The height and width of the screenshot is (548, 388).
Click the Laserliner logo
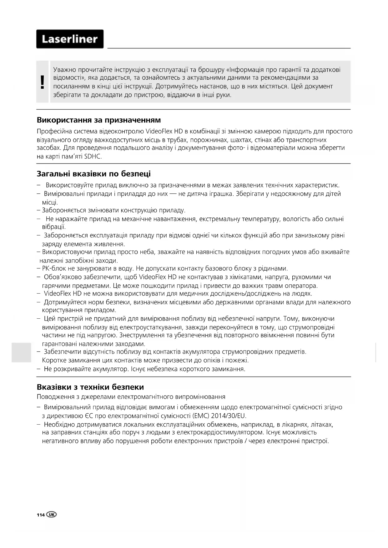[70, 39]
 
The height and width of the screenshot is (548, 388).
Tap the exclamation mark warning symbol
[43, 82]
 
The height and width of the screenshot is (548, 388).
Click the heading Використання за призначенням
[99, 120]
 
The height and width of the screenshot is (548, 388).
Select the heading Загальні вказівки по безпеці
[94, 174]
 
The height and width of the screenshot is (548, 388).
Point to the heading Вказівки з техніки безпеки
[90, 387]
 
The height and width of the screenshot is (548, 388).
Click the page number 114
[41, 515]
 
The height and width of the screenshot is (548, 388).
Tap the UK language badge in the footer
[51, 515]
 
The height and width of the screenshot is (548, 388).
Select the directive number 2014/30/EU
[229, 416]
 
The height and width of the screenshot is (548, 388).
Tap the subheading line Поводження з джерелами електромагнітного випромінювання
[131, 397]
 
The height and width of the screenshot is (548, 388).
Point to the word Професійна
[52, 131]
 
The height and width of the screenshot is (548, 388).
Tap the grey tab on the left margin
[21, 352]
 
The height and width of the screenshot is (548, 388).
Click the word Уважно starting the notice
[65, 70]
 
